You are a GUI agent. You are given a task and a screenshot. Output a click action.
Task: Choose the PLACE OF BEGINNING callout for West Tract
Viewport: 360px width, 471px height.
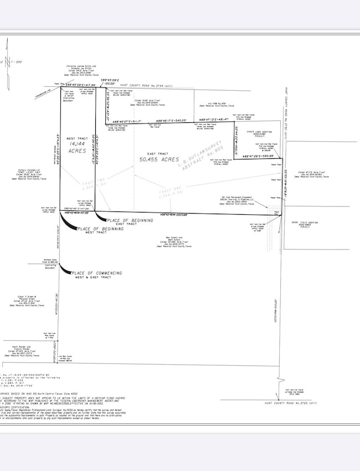[100, 229]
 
